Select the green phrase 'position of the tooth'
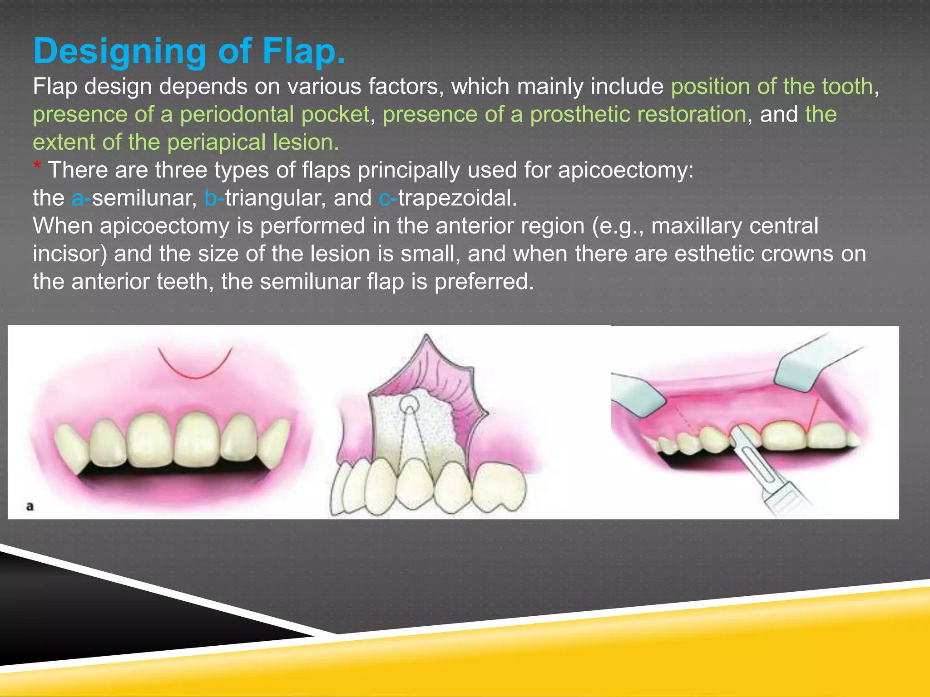[x=772, y=86]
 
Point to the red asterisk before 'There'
[x=37, y=167]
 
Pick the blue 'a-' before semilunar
[x=81, y=198]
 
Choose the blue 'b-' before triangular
[x=214, y=198]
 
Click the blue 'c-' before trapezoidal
[x=387, y=198]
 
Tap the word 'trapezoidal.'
[x=458, y=198]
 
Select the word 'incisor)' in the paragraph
[x=70, y=254]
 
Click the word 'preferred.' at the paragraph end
[x=484, y=282]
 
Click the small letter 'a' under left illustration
[x=30, y=506]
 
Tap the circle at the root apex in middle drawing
[x=409, y=404]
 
